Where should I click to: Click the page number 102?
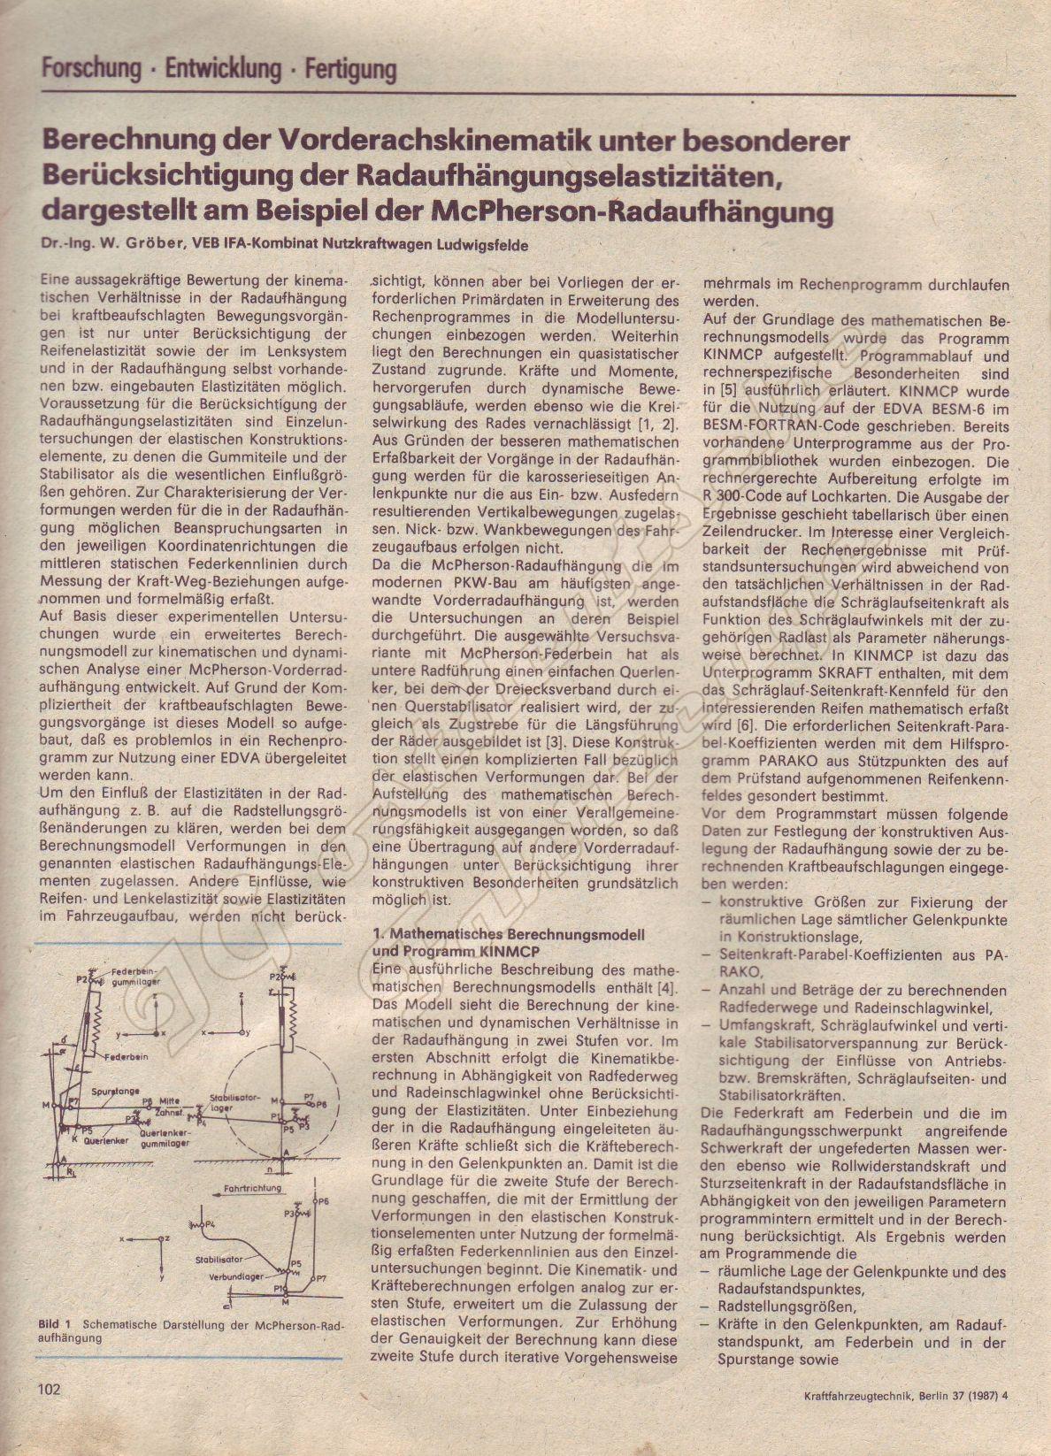click(49, 1413)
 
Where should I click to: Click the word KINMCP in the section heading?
click(507, 952)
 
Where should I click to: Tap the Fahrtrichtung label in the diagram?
click(253, 1188)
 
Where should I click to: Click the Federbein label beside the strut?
click(125, 1058)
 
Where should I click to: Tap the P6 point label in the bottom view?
click(323, 1201)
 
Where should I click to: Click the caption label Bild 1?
click(54, 1324)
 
